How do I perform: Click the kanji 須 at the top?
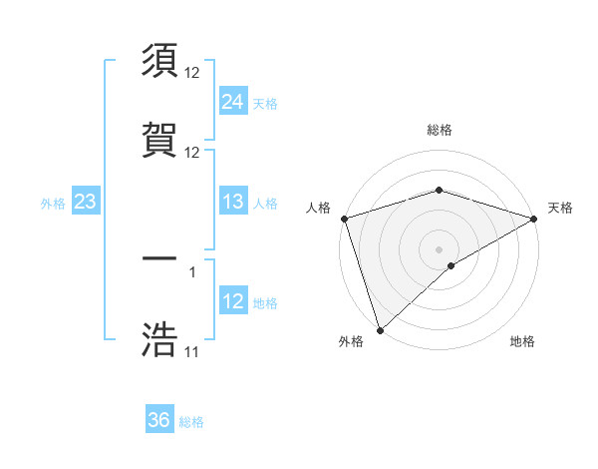point(159,62)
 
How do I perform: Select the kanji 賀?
point(159,140)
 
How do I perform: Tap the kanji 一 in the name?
point(159,258)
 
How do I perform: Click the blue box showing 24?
point(233,102)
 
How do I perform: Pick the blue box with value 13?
point(233,203)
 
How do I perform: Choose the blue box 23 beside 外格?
point(86,203)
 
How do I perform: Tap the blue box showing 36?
point(159,420)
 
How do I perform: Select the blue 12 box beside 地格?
point(233,301)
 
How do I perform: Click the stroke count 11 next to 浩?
point(191,352)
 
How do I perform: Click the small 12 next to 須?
point(192,74)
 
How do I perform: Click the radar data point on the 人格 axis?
point(344,219)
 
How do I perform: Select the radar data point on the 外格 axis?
point(380,329)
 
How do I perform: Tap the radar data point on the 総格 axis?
point(439,190)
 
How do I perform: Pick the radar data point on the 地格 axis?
point(451,265)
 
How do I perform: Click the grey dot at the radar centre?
point(439,248)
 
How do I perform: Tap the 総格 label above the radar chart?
point(439,130)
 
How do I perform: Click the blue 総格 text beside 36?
point(191,422)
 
